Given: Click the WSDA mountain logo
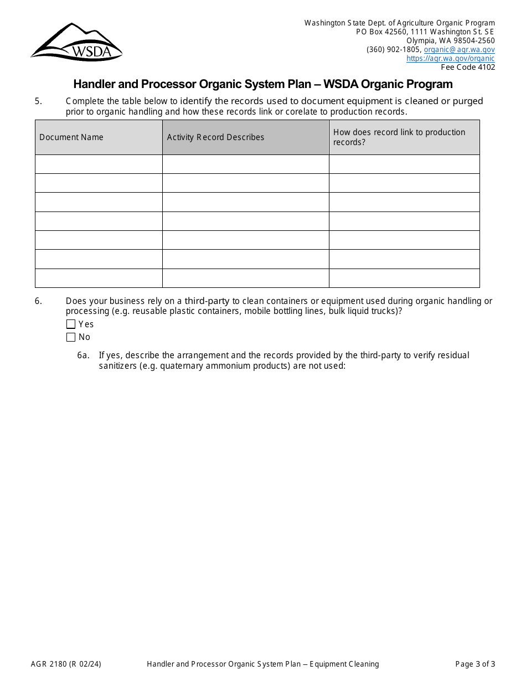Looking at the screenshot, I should (x=76, y=42).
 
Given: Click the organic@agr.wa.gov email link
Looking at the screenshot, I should (x=459, y=49).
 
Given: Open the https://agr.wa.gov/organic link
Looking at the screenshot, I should (x=450, y=58).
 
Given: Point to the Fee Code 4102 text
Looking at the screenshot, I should (x=468, y=67).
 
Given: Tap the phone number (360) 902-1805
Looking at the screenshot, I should (x=393, y=49).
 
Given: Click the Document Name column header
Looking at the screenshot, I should (x=71, y=137).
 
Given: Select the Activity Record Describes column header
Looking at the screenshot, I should (x=215, y=137).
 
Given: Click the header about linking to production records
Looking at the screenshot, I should (x=399, y=137).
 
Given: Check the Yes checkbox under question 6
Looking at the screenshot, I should (x=71, y=324).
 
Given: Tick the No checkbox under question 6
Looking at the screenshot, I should (x=71, y=337).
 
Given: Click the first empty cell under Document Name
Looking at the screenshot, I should (x=99, y=164).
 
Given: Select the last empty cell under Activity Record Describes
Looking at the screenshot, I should (x=245, y=278).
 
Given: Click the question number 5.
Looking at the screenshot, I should (x=38, y=101).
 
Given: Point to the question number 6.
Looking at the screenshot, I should (x=38, y=301).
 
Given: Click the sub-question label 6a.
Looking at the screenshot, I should (x=83, y=355).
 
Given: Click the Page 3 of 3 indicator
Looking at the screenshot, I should (x=475, y=664).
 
